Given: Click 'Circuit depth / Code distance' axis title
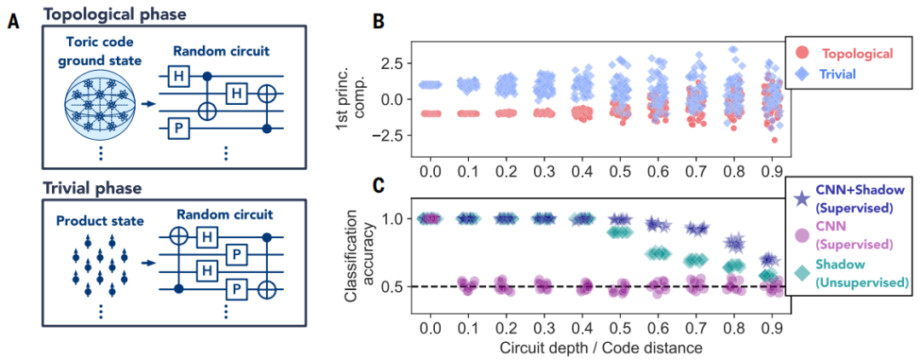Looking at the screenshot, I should click(x=600, y=348).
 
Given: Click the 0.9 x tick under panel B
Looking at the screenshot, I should click(x=770, y=173).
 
